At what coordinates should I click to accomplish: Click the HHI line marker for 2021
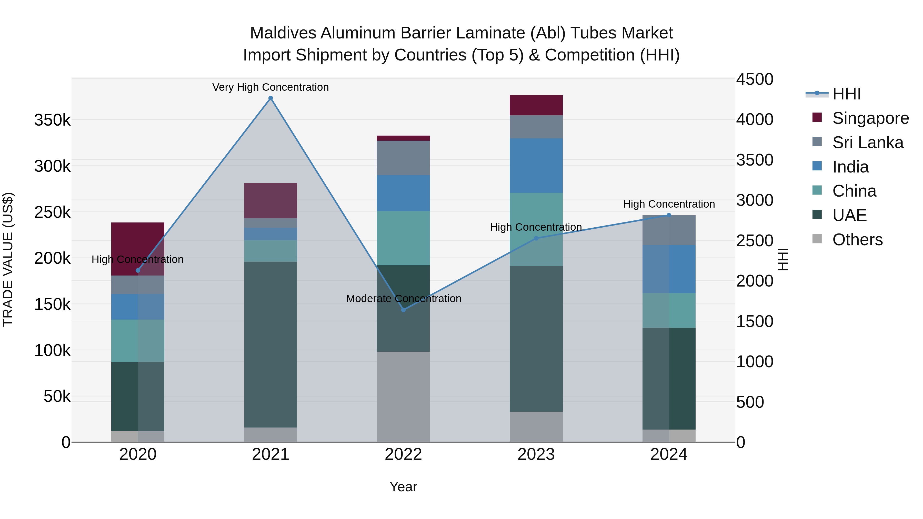(x=270, y=98)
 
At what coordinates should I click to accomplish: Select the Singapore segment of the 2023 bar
(x=536, y=105)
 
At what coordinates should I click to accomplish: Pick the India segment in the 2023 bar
(x=536, y=166)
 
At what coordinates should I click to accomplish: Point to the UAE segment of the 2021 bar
(x=270, y=344)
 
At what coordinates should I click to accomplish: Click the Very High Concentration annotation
(x=270, y=87)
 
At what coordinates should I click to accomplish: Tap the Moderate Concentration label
(x=404, y=298)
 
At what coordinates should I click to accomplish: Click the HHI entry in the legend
(x=846, y=94)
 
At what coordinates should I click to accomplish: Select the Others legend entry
(x=857, y=240)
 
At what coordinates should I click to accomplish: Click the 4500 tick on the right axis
(x=755, y=79)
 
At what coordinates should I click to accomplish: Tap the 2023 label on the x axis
(x=536, y=454)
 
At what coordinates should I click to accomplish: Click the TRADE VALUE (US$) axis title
(x=8, y=259)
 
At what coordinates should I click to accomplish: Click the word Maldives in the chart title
(x=283, y=33)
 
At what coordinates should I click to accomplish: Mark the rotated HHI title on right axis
(x=783, y=259)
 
